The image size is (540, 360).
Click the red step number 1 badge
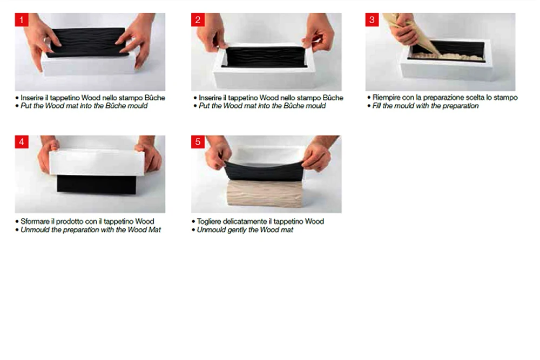[x=22, y=19]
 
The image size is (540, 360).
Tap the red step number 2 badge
[x=198, y=19]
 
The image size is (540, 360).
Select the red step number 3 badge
[x=372, y=19]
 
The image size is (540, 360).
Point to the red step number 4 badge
[x=22, y=142]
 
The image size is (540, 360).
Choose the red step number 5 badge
[x=198, y=142]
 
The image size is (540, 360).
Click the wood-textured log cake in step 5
[x=265, y=193]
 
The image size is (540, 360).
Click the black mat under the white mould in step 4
[x=97, y=185]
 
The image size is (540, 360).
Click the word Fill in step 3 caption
[x=377, y=106]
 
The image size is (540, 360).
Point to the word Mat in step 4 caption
[x=154, y=230]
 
